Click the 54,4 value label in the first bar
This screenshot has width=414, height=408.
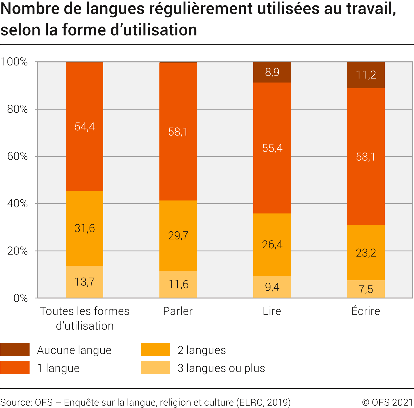click(x=85, y=127)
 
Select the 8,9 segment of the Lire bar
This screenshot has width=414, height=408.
click(x=272, y=72)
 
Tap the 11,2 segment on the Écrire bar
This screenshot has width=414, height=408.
click(x=366, y=75)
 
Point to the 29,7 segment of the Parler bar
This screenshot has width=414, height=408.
click(x=178, y=235)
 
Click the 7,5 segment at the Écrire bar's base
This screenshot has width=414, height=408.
click(x=366, y=289)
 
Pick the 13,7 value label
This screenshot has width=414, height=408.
click(x=85, y=282)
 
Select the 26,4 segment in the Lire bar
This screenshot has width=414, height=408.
click(x=272, y=245)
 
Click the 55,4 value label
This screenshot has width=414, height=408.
click(x=272, y=148)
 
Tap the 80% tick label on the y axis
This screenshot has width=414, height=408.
click(x=17, y=109)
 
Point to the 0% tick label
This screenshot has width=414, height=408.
click(x=21, y=298)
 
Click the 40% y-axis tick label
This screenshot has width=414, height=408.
click(x=17, y=203)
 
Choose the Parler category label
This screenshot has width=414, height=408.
click(x=178, y=311)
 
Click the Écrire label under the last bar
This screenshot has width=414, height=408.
click(x=366, y=311)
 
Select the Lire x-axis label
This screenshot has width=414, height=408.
click(x=272, y=311)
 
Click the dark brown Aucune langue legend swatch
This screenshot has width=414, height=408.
click(x=15, y=350)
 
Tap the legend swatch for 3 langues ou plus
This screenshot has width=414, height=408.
click(x=155, y=368)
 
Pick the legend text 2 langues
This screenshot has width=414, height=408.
click(x=201, y=350)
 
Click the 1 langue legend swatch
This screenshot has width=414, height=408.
click(x=15, y=368)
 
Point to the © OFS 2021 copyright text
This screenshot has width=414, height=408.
click(x=387, y=402)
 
